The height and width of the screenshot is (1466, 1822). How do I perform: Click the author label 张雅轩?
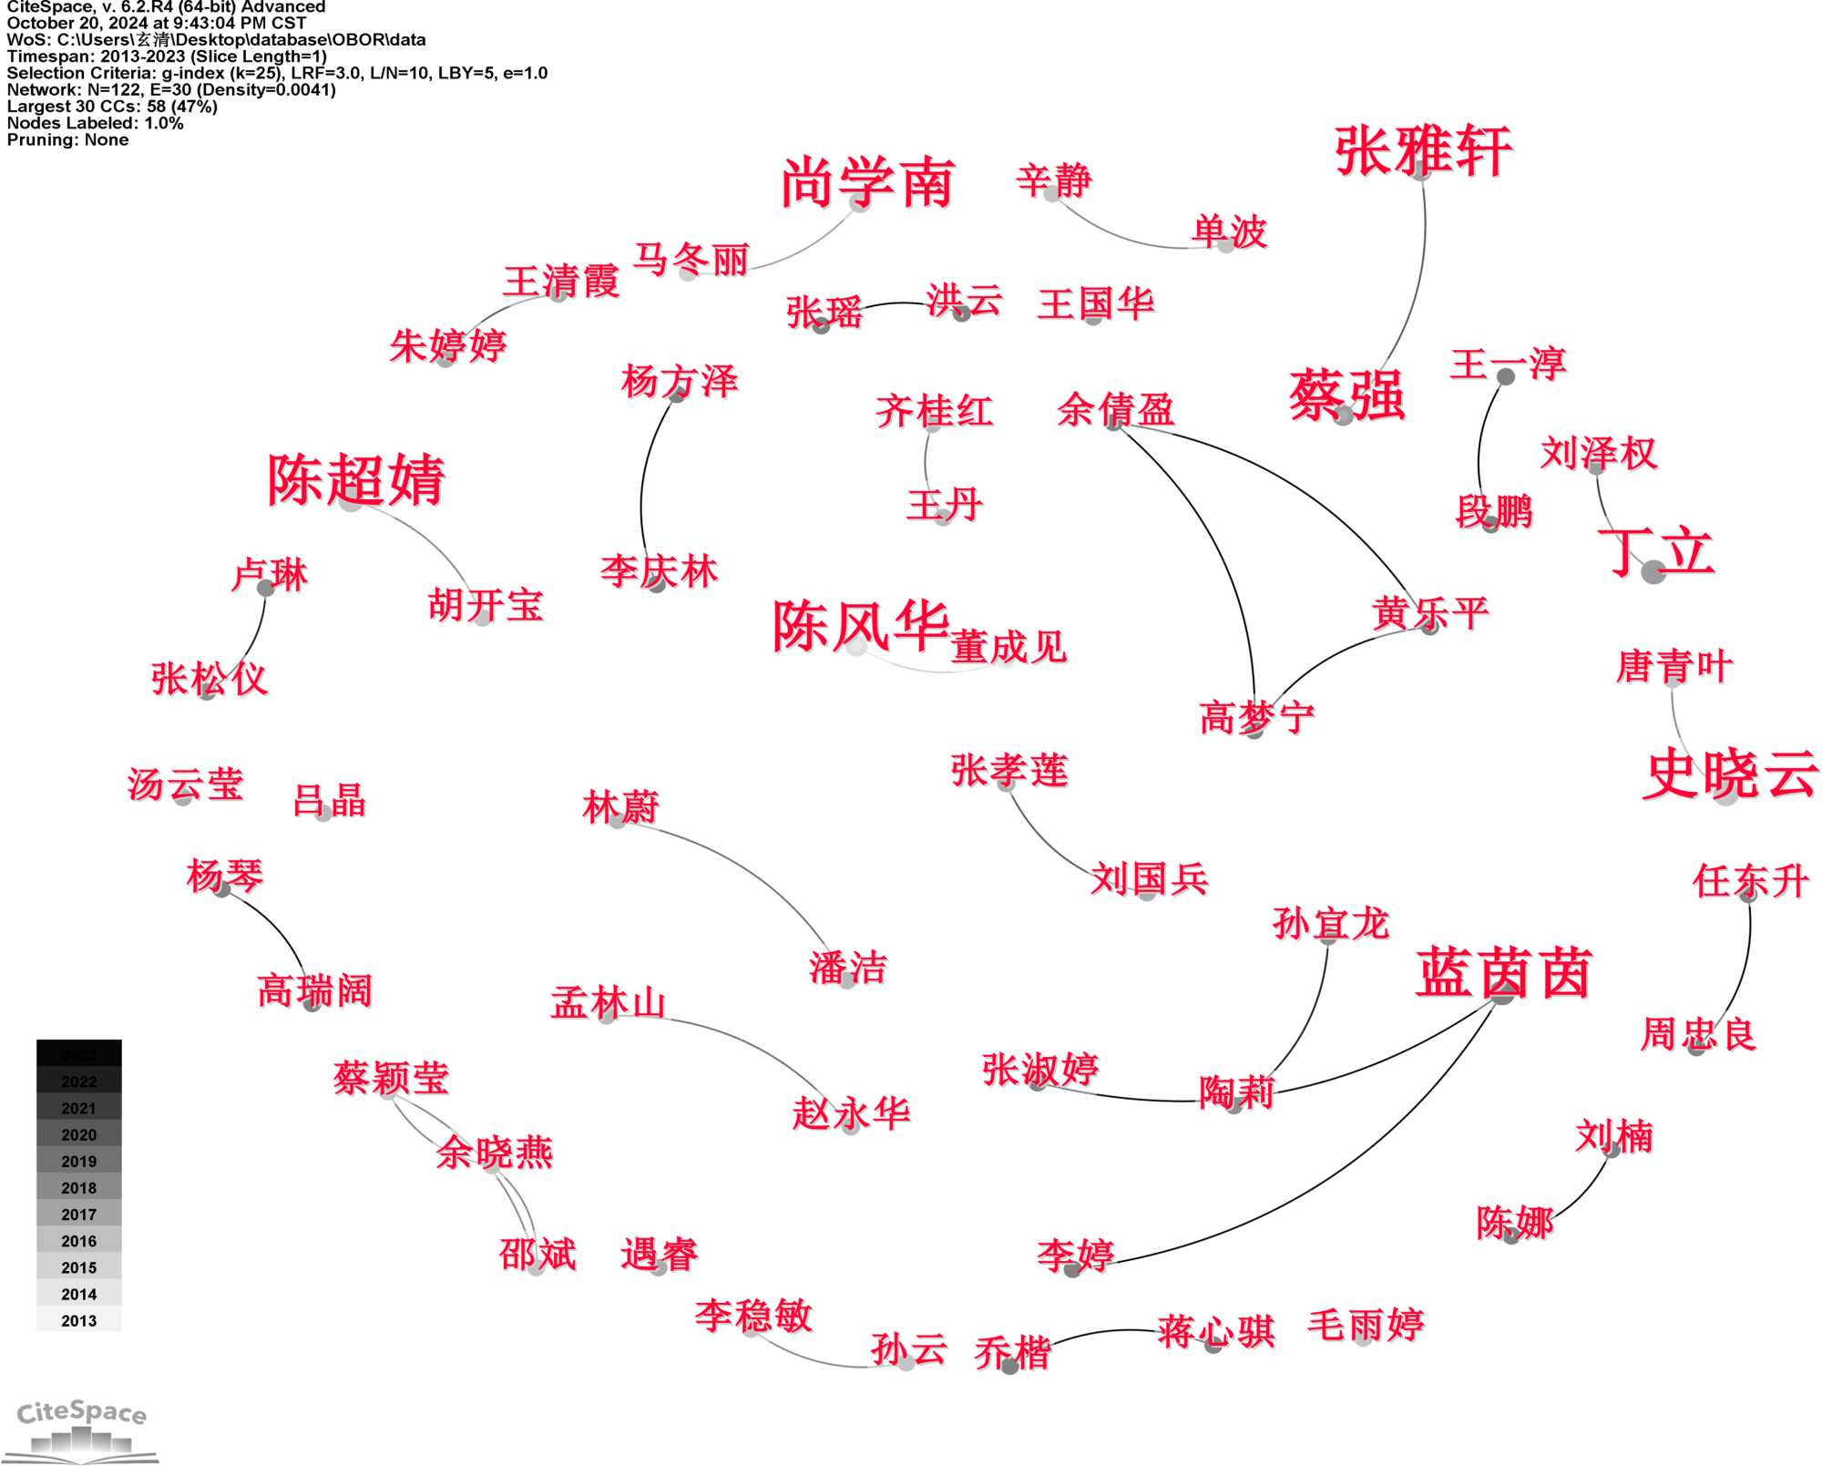1423,151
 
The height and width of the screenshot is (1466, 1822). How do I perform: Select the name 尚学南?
867,183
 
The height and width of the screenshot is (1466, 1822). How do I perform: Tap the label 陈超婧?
356,479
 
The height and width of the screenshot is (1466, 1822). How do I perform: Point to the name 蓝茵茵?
1503,973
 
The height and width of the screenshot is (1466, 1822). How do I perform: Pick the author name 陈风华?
861,626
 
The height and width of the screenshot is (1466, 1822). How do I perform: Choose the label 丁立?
1656,552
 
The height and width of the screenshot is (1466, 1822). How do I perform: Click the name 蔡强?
1346,395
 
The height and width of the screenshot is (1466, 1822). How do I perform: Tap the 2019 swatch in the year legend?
78,1161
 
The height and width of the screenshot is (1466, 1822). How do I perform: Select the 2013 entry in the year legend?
78,1320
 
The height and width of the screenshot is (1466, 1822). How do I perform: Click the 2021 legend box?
78,1108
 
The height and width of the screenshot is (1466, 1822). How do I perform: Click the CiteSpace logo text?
82,1413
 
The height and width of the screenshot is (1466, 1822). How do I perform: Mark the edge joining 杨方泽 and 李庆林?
643,483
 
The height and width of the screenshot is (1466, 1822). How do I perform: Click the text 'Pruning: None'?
67,139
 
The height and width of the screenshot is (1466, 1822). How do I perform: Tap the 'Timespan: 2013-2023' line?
167,56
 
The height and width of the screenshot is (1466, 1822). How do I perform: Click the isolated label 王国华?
1095,304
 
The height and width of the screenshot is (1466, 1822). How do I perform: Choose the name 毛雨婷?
1365,1325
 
